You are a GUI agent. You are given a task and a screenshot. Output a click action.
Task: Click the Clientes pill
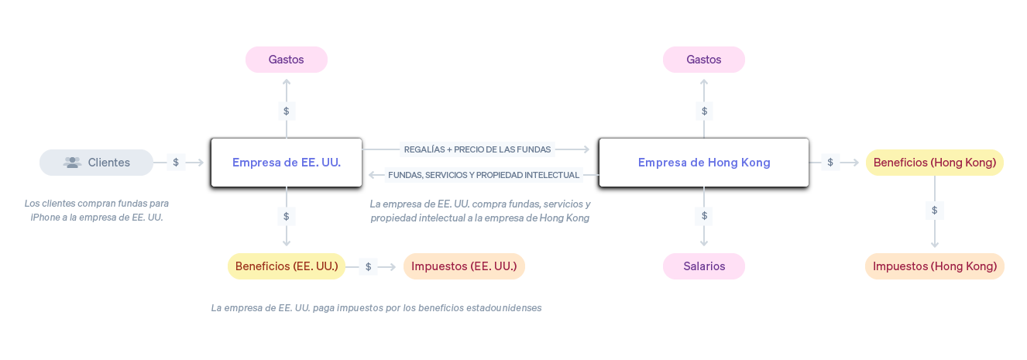96,163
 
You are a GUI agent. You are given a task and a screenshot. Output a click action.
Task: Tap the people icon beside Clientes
73,163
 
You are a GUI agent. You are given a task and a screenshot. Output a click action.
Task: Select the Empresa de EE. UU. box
287,163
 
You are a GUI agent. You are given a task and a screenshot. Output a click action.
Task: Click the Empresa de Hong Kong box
704,163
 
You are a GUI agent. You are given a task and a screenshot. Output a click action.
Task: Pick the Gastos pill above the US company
287,60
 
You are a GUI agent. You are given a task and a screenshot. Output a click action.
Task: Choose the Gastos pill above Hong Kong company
704,60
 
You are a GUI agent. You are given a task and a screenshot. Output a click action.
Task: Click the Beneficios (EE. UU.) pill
287,266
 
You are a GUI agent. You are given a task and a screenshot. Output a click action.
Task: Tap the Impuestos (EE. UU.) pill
464,266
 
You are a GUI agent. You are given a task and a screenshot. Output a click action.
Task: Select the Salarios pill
704,266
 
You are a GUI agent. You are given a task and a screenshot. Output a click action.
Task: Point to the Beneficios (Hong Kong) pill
934,163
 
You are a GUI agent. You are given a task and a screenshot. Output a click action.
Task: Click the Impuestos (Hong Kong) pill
934,266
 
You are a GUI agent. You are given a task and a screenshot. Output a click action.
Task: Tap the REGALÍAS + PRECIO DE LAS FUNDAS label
477,149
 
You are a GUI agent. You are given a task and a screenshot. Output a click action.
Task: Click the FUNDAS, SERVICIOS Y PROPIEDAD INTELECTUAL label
484,175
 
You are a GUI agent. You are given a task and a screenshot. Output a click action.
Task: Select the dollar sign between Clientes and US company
176,162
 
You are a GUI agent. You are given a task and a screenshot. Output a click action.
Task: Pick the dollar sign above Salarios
704,216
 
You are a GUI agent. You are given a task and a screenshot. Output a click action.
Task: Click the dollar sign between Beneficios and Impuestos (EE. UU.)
368,266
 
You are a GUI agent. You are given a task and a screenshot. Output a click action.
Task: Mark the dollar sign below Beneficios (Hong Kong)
934,211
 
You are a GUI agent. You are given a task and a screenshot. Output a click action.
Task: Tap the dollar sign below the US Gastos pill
287,111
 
